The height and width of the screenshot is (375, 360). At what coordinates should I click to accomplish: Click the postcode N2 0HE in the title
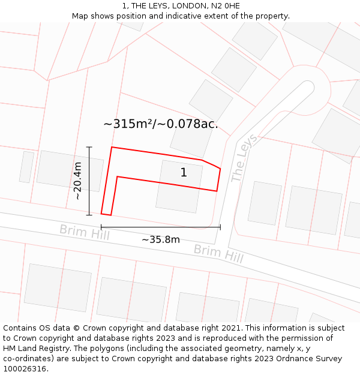coord(225,6)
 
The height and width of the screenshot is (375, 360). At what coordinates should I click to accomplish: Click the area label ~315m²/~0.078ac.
coord(161,124)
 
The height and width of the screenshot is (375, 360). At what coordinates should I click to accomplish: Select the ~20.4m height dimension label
coord(77,181)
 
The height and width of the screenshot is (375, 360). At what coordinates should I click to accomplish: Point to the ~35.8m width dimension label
coord(161,240)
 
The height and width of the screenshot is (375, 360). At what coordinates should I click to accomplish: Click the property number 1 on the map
coord(184,173)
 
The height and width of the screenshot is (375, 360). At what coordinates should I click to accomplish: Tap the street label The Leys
coord(244,158)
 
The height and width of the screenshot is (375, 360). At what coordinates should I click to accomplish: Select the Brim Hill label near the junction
coord(218,254)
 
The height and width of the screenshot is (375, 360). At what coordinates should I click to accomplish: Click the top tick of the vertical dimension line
coord(89,147)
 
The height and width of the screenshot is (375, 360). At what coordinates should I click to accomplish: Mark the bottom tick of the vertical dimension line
coord(89,215)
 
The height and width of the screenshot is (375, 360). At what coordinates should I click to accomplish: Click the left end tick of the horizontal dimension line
coord(101,227)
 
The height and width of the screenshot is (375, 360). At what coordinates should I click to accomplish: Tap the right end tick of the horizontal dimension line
coord(220,227)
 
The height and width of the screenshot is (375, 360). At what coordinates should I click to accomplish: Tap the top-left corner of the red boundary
coord(112,147)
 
